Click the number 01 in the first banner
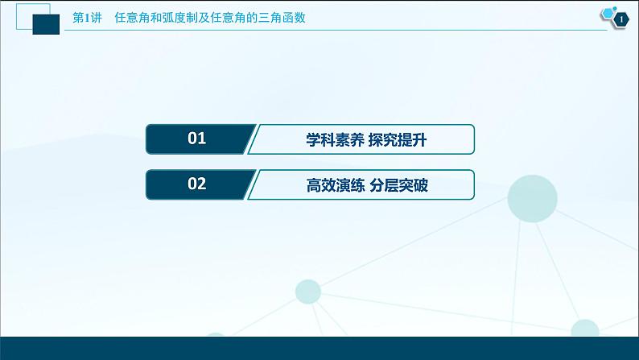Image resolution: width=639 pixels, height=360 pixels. point(197,139)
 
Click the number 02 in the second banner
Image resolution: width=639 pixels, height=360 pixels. point(197,184)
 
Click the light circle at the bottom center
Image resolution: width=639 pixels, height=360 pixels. point(307,292)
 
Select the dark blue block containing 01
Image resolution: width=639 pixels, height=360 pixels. point(197,139)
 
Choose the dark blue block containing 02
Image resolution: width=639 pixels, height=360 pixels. point(197,184)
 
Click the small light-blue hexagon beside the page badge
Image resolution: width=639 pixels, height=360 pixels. point(604,14)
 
